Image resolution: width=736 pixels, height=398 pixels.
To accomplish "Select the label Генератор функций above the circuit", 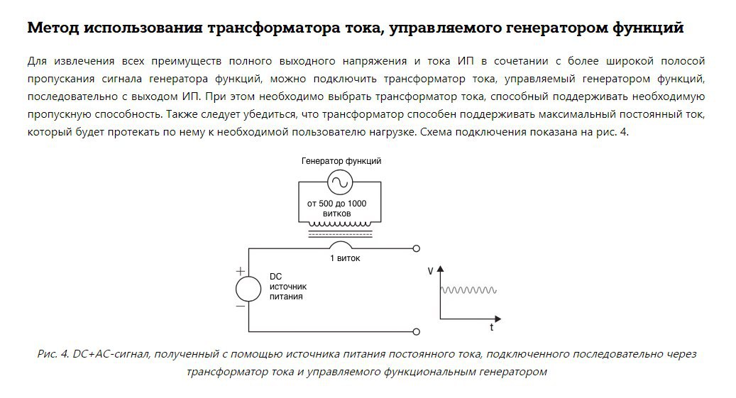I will coord(341,161).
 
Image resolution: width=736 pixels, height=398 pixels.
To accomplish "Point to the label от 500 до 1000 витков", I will coord(336,208).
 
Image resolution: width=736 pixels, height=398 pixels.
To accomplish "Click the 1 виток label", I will coord(345,258).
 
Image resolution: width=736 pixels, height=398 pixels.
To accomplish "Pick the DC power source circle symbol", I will coord(248,289).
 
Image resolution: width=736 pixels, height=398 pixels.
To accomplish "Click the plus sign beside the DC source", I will coord(241,271).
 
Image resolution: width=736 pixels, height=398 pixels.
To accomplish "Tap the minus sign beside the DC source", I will coord(241,306).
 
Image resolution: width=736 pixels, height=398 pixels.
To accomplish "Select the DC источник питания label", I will coord(287,287).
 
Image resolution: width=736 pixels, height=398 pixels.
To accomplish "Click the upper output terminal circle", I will coord(416,248).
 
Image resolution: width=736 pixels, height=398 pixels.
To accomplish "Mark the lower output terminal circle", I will coord(416,331).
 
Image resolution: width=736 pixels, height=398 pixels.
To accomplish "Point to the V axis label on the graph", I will coord(431,271).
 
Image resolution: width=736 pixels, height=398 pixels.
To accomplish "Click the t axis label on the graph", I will coord(491,328).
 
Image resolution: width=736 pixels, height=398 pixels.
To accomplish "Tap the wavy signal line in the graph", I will coord(468,289).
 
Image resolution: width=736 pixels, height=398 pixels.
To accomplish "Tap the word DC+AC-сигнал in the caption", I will coord(107,353).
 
